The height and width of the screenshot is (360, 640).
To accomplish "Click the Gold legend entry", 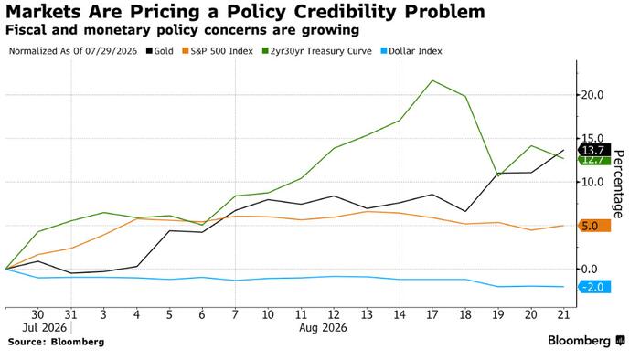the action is [160, 51].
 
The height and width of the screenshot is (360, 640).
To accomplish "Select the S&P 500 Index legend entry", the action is [218, 51].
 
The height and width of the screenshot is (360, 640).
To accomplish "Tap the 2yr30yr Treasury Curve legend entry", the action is [316, 51].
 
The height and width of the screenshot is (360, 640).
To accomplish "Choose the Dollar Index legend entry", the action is [411, 51].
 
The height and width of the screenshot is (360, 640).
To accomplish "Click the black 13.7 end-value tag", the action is [594, 150].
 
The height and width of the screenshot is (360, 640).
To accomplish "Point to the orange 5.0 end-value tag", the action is [594, 226].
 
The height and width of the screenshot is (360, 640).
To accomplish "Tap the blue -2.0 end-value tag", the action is [594, 287].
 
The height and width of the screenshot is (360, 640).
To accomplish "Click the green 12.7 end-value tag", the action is [594, 161].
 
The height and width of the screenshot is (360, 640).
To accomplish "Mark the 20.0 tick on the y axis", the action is [592, 95].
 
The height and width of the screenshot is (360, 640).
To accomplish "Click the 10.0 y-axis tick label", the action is [592, 182].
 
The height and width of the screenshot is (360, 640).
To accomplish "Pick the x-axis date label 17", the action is [432, 314].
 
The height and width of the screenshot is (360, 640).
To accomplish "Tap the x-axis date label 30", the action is [37, 314].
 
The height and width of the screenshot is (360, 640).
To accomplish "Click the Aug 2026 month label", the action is [323, 328].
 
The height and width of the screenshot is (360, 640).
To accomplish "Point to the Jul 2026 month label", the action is [45, 328].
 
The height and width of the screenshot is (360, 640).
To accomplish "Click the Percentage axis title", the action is [619, 185].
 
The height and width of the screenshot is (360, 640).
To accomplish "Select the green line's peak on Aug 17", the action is [432, 80].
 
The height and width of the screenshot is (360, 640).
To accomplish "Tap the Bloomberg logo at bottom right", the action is [586, 341].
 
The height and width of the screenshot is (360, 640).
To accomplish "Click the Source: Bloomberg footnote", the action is [56, 342].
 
